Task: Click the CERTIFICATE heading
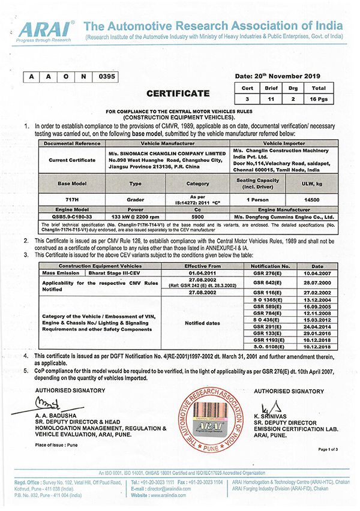[x=178, y=93]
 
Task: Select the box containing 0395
[x=105, y=76]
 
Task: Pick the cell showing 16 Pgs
[x=320, y=97]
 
